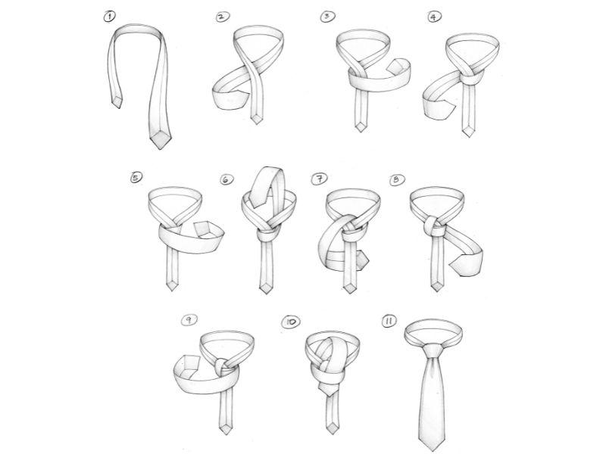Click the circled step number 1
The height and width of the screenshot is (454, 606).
[110, 17]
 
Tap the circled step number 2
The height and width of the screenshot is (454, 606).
[223, 17]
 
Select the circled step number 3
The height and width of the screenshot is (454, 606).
[328, 17]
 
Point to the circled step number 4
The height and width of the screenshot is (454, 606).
[435, 17]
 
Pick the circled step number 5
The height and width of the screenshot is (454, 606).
[136, 177]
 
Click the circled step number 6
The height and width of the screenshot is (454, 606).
[226, 179]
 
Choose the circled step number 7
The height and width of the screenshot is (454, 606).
[319, 179]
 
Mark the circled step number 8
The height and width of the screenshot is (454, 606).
[397, 180]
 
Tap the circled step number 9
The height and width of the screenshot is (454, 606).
[189, 319]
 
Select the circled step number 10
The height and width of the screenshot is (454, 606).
[291, 322]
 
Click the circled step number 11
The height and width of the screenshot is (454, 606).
[389, 321]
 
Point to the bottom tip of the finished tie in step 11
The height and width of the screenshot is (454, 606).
[432, 450]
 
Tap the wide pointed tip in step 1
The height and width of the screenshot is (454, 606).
[159, 148]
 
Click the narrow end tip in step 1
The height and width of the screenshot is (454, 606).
[117, 107]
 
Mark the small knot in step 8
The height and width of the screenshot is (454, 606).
[434, 227]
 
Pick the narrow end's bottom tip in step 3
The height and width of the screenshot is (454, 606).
[361, 131]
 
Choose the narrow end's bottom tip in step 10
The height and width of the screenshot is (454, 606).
[331, 433]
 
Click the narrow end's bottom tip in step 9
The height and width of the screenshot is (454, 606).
[225, 434]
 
